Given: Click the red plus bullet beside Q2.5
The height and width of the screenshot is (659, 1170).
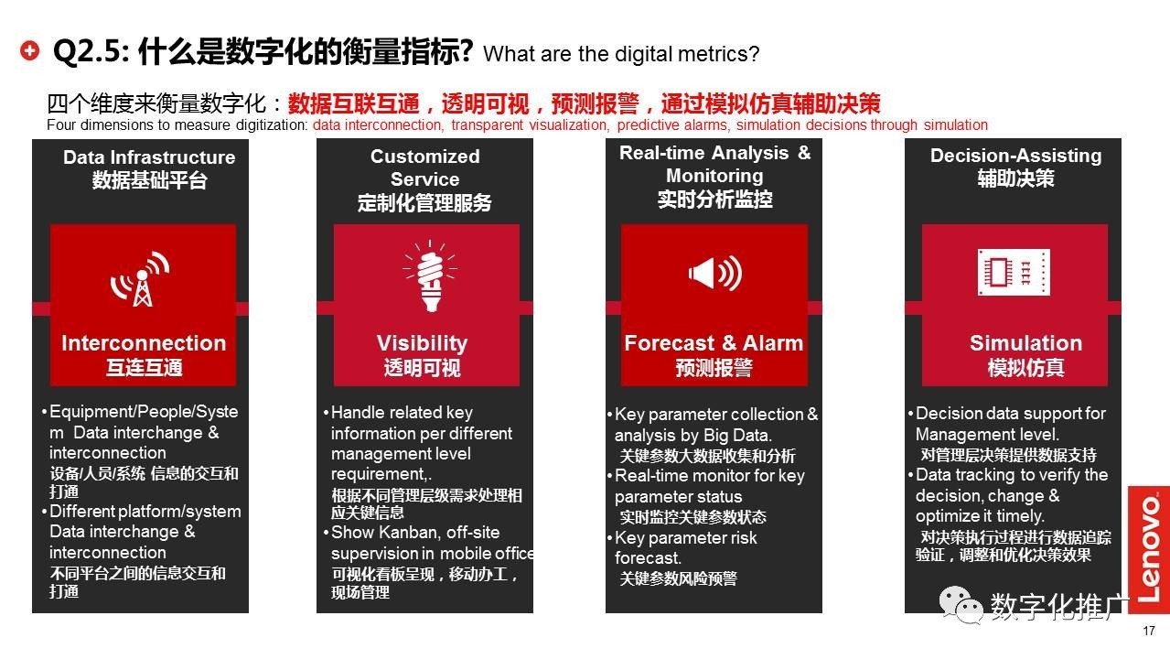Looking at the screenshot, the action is click(30, 50).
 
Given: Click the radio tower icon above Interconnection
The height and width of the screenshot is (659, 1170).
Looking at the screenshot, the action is click(140, 278).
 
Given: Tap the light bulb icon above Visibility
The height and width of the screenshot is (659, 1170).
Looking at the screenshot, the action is click(430, 275).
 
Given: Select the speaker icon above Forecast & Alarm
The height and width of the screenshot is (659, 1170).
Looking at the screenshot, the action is click(714, 273).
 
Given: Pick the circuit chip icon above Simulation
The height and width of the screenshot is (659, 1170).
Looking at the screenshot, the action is click(1014, 272).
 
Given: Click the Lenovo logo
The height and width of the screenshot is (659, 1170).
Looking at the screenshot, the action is click(1149, 549).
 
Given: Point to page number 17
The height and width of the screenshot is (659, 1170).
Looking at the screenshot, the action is click(1149, 631).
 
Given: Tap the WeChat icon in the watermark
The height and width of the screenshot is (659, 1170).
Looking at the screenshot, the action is click(960, 605).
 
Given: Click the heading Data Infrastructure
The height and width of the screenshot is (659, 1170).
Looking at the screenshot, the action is click(149, 157).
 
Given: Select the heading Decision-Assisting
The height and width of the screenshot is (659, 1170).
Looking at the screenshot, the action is click(1016, 156).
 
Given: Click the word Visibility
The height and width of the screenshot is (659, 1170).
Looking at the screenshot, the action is click(422, 343).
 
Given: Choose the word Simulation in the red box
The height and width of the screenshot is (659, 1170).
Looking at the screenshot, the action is click(1025, 343).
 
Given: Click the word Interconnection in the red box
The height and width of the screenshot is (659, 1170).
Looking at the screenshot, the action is click(144, 343).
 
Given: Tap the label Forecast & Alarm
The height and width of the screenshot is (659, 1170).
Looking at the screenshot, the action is click(714, 343).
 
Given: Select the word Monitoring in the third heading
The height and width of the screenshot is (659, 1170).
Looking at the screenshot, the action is click(714, 176).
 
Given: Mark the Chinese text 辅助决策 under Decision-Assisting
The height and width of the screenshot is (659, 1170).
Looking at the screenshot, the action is click(1016, 178).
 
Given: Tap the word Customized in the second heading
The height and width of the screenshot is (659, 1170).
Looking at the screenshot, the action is click(425, 156).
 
